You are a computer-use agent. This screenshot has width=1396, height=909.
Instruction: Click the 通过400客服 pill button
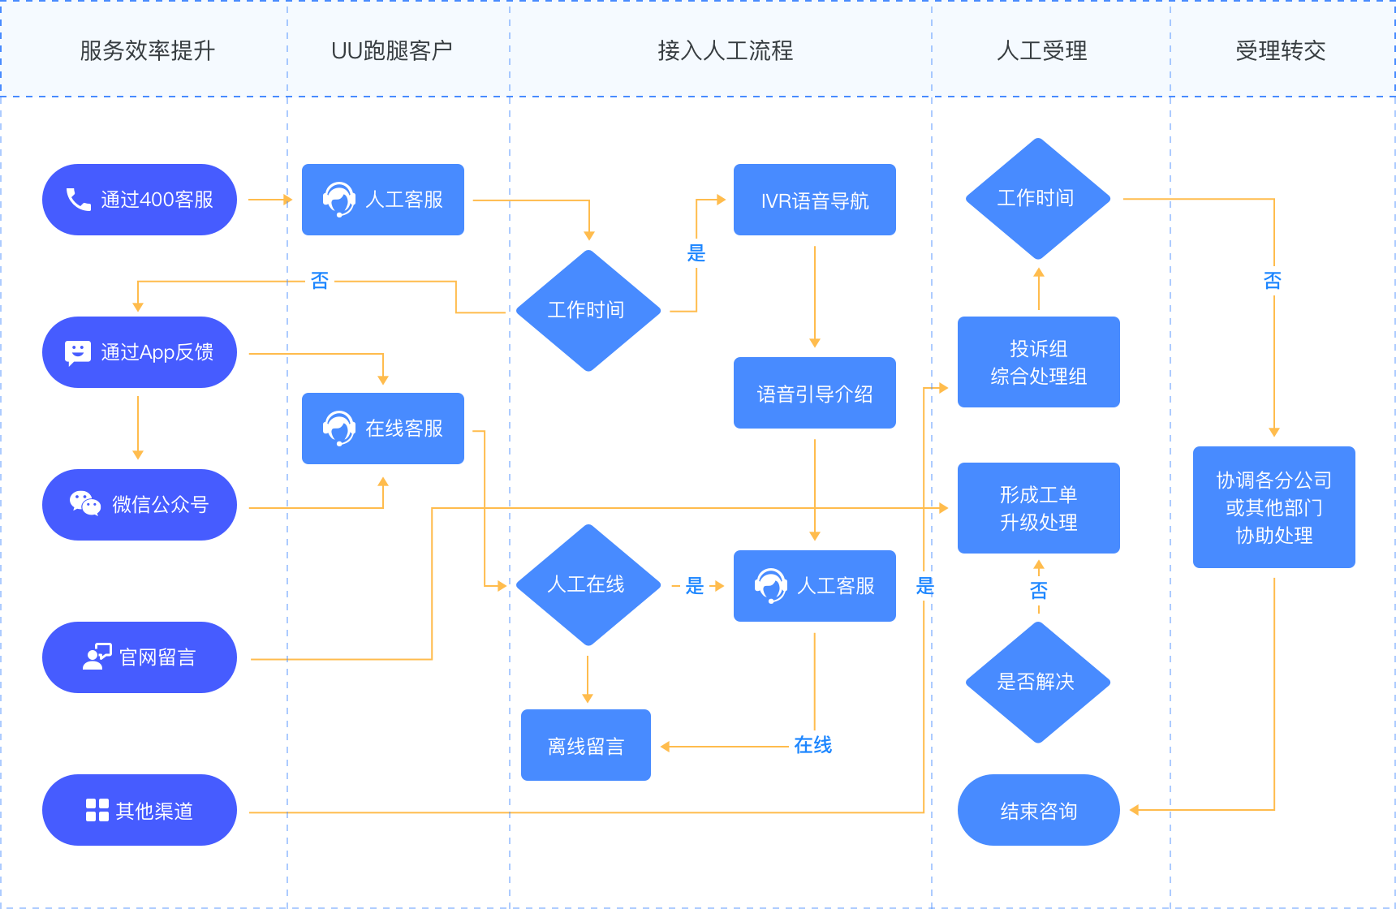coord(140,200)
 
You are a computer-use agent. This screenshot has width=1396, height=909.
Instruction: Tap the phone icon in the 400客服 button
coord(78,200)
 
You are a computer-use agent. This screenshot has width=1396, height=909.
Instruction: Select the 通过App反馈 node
coord(140,352)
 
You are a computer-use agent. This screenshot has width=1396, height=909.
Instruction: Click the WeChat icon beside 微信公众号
coord(85,504)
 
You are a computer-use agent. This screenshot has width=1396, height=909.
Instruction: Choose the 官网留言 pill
coord(140,657)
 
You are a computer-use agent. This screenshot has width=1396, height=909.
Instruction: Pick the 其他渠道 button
coord(140,810)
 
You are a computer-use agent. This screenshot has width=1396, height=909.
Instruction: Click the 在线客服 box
coord(383,429)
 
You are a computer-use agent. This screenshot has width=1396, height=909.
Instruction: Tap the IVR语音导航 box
coord(815,200)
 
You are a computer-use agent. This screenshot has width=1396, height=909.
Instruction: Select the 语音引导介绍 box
coord(815,393)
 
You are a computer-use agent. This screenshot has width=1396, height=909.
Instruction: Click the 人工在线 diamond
coord(588,585)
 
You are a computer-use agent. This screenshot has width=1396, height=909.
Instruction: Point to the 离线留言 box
coord(586,745)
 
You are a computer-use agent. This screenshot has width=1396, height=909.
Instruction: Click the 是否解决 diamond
coord(1038,683)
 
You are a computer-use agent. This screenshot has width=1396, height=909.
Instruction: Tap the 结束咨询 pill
coord(1039,810)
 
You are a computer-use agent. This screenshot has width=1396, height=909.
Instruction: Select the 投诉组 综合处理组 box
coord(1039,362)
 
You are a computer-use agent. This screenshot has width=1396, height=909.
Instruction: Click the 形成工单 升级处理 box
coord(1039,508)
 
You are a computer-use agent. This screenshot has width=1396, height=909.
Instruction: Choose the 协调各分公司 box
coord(1274,507)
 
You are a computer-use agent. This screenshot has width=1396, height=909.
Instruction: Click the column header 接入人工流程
coord(726,51)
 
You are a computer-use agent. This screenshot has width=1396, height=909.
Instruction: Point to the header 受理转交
coord(1281,51)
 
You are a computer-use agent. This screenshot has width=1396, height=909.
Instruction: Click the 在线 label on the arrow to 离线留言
coord(812,745)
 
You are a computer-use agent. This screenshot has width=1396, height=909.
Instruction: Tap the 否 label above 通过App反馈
coord(320,281)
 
